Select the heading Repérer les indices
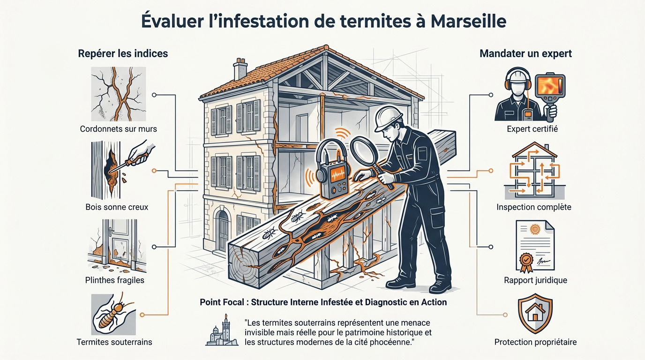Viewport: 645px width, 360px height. (123, 53)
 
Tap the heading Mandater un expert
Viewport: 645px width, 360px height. (525, 53)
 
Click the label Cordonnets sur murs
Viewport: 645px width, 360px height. (118, 128)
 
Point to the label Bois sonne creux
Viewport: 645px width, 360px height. (117, 207)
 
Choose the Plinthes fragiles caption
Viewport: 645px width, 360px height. (115, 280)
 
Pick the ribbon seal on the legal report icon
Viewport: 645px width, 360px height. (525, 259)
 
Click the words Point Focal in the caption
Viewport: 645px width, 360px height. (223, 302)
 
